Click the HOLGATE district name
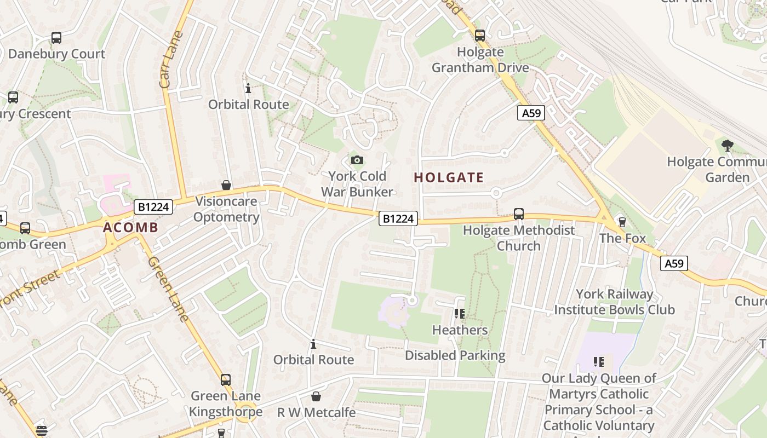[x=449, y=177]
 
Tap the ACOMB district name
[x=130, y=228]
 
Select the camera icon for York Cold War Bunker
[x=357, y=160]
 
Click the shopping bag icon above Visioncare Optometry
[x=226, y=186]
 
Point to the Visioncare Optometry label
[x=226, y=209]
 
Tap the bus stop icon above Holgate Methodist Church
[x=519, y=214]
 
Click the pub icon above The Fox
[x=622, y=222]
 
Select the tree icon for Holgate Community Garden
[x=728, y=146]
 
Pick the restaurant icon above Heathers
[x=460, y=314]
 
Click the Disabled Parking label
[x=455, y=355]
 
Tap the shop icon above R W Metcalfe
[x=316, y=396]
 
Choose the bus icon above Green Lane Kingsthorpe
[x=226, y=379]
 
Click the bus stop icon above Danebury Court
[x=56, y=38]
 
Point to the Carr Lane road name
[x=171, y=59]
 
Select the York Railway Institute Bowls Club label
[x=614, y=302]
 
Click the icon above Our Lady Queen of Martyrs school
[x=598, y=362]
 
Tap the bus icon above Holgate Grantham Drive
[x=480, y=36]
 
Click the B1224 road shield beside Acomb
[x=153, y=207]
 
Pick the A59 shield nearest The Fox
[x=673, y=263]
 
